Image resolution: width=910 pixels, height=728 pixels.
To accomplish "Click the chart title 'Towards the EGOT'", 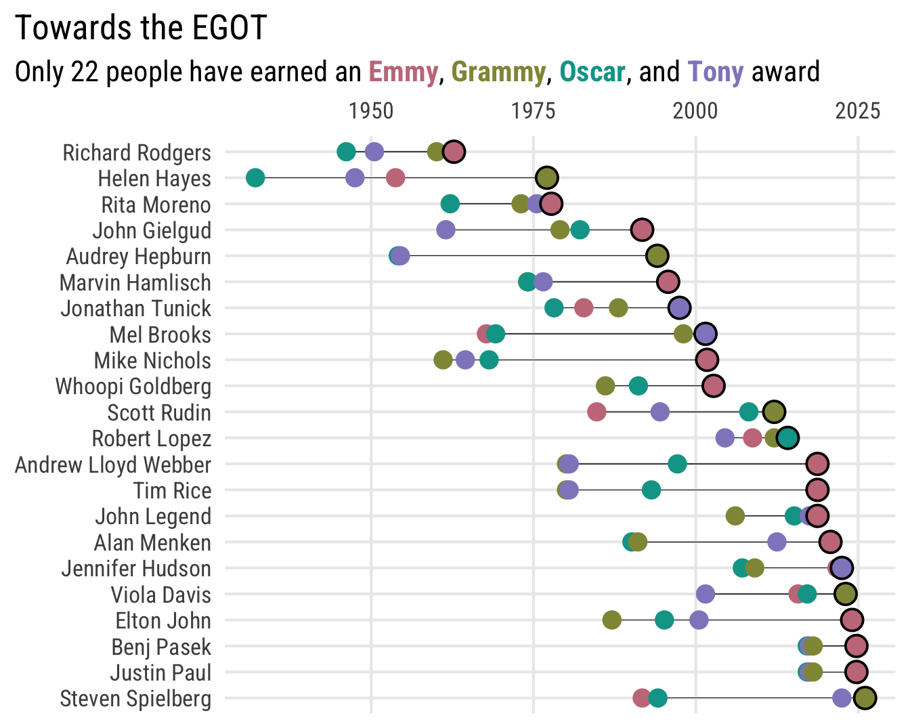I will tap(141, 28).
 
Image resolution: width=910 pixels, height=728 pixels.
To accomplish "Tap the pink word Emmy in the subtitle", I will tap(403, 72).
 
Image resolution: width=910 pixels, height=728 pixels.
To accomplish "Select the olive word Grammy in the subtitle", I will tap(498, 72).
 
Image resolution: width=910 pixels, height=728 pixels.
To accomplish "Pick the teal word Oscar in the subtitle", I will tap(592, 72).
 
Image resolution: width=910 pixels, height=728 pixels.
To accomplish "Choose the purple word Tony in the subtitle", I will tap(715, 72).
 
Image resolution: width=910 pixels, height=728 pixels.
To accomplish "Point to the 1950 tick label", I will tap(371, 111).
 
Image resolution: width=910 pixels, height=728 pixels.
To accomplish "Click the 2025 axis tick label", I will tap(858, 111).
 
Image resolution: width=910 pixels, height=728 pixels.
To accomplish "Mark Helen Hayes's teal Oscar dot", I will tap(255, 178).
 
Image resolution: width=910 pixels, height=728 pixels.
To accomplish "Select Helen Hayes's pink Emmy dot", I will tap(395, 178).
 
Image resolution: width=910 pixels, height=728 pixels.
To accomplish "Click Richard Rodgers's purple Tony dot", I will tap(374, 152).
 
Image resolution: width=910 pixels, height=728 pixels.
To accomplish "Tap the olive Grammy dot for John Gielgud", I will tap(560, 230).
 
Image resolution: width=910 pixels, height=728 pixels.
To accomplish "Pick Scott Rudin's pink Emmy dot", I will tap(597, 412).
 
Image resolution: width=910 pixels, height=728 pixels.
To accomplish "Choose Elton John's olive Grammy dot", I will tap(612, 620).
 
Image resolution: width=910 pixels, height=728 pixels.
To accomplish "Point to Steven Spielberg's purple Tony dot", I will tap(842, 698).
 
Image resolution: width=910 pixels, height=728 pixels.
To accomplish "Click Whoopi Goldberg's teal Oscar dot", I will tap(638, 386).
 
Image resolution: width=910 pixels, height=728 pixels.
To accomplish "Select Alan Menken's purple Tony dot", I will tap(777, 542).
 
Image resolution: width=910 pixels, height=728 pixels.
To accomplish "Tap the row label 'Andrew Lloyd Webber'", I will tap(113, 465).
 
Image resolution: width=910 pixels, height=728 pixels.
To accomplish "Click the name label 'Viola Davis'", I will tap(161, 595).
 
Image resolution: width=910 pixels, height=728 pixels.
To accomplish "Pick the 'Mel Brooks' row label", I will tap(160, 335).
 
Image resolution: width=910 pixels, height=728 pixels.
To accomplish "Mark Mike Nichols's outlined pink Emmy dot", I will tap(706, 360).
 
